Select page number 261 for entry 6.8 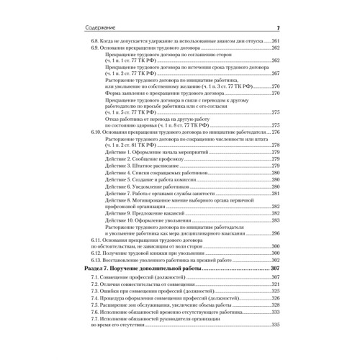pyautogui.click(x=274, y=42)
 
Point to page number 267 pyautogui.click(x=274, y=73)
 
